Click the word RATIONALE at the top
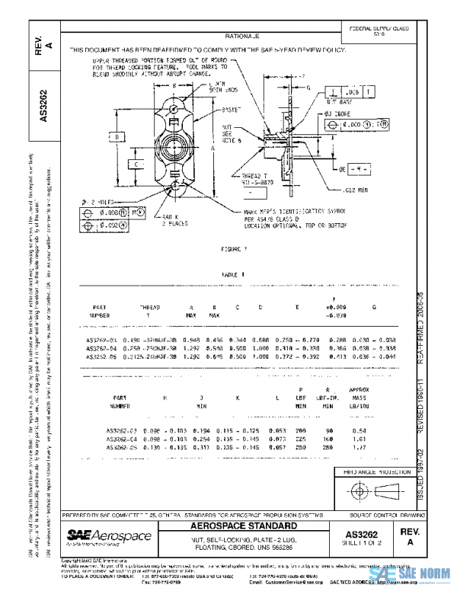tap(242, 36)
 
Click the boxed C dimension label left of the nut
tap(134, 164)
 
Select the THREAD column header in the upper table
tap(149, 308)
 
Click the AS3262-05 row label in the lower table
tap(121, 448)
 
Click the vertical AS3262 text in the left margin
tap(44, 107)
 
